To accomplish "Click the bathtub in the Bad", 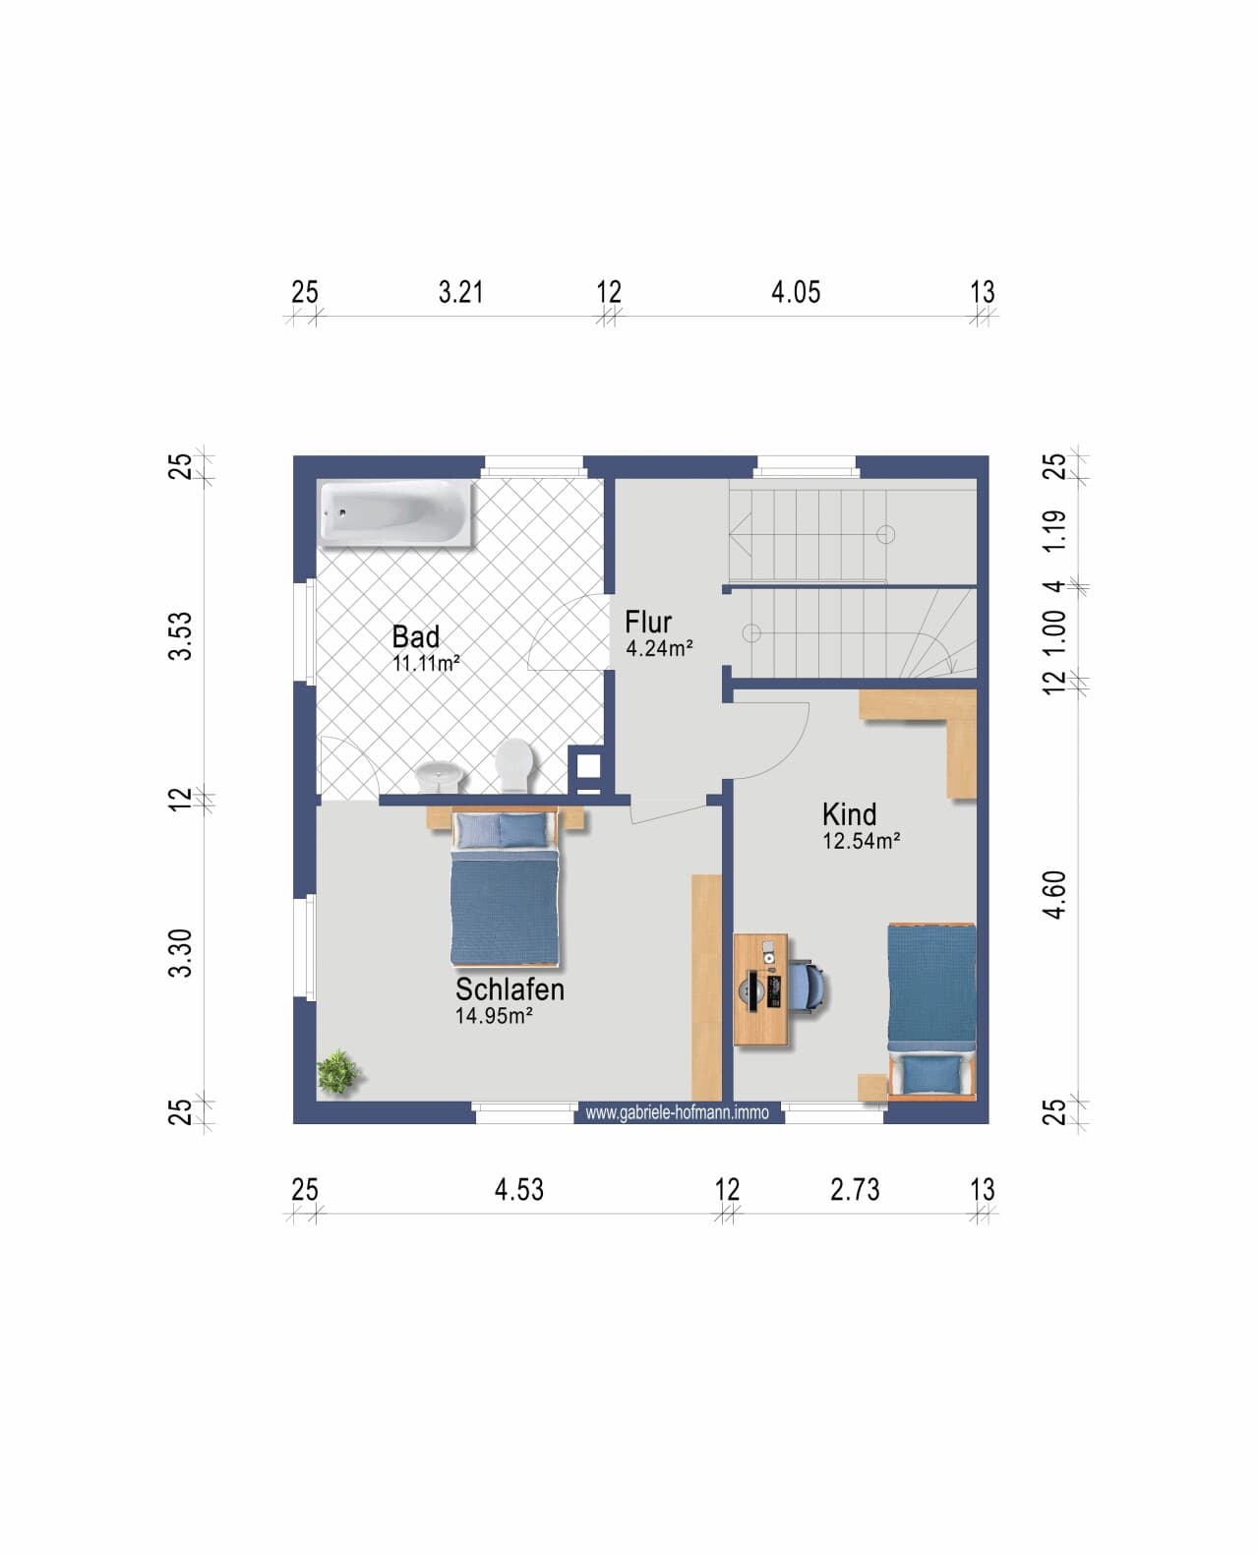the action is tap(396, 512).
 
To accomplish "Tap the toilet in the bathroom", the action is tap(515, 764).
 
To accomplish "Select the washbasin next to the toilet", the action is tap(440, 776).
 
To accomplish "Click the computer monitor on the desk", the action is tap(752, 990).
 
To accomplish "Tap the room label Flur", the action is tap(648, 623).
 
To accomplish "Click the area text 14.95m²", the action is tap(494, 1016).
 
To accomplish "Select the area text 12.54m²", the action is tap(861, 841).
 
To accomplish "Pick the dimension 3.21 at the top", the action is tap(460, 292).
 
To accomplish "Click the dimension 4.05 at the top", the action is tap(796, 292).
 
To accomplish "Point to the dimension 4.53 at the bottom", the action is tap(518, 1190).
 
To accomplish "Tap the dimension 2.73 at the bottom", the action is tap(855, 1190).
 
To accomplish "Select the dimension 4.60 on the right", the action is tap(1054, 894).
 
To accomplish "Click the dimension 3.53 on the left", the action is tap(180, 636).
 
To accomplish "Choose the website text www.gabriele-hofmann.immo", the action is tap(677, 1112).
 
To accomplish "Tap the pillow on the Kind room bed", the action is tap(932, 1074).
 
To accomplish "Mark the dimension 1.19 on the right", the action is tap(1054, 531).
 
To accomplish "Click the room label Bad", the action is tap(416, 637).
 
